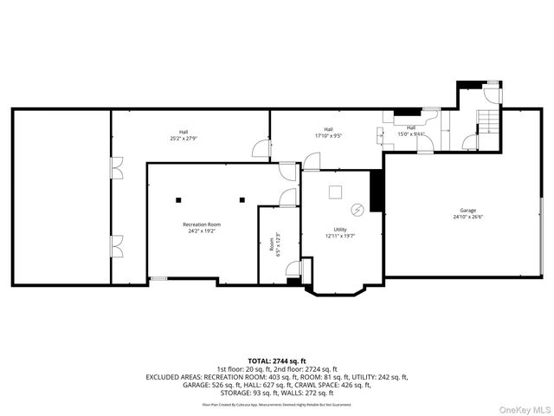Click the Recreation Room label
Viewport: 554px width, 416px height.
pyautogui.click(x=201, y=224)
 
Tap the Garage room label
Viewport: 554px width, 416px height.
pyautogui.click(x=467, y=211)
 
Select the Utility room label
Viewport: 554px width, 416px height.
pyautogui.click(x=335, y=229)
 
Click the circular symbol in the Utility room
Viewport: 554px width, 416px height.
pyautogui.click(x=355, y=210)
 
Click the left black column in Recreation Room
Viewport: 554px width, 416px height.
pyautogui.click(x=179, y=199)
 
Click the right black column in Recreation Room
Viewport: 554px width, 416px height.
pyautogui.click(x=245, y=199)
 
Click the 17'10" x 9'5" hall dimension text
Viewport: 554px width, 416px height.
pyautogui.click(x=329, y=135)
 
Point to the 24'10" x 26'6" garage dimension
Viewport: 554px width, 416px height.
pyautogui.click(x=467, y=218)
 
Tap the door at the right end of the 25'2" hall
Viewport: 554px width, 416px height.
pyautogui.click(x=259, y=150)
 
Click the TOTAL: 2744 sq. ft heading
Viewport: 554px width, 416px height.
pyautogui.click(x=277, y=361)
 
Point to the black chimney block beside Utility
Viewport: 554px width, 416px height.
pyautogui.click(x=377, y=191)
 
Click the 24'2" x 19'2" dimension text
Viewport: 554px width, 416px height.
pyautogui.click(x=201, y=231)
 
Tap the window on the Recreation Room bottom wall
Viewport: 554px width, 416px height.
pyautogui.click(x=158, y=278)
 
